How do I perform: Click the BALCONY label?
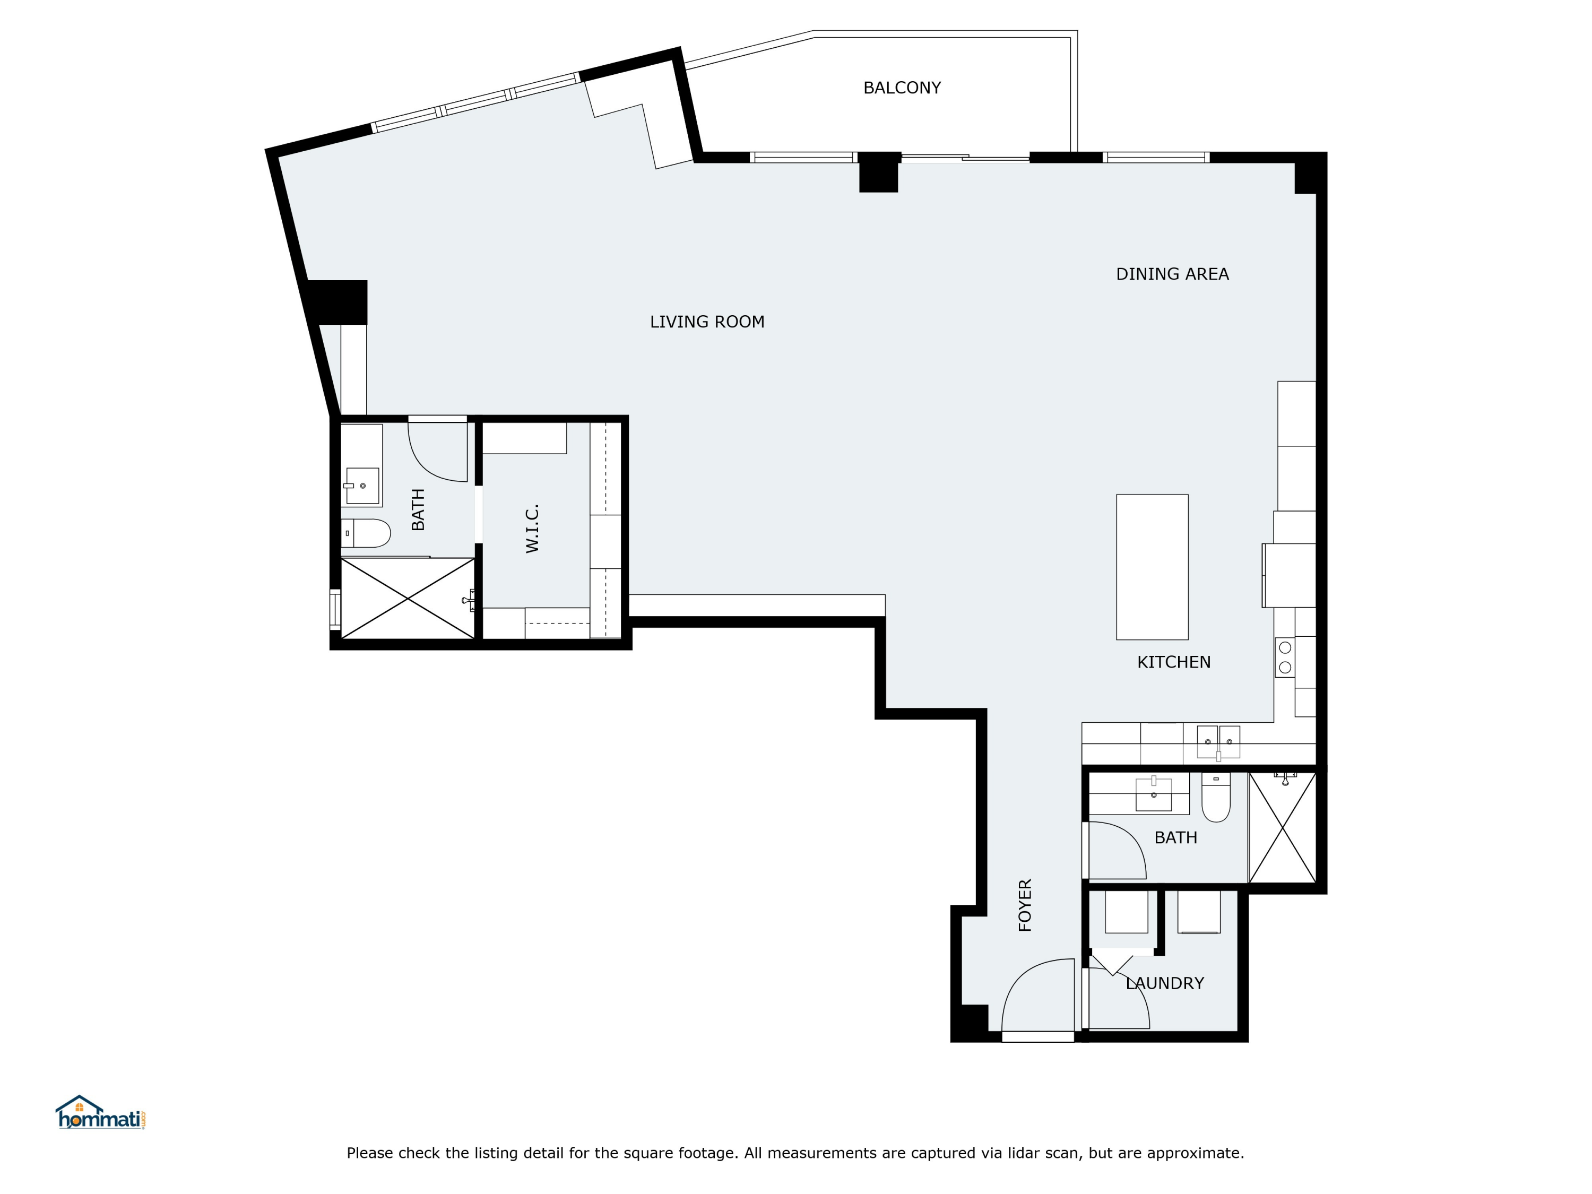902,88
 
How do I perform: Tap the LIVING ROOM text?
707,322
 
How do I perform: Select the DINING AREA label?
1172,274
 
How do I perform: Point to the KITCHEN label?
1174,662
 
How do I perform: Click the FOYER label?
1025,905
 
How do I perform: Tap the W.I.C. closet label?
532,528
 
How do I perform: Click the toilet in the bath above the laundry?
1216,798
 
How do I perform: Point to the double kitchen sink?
1218,742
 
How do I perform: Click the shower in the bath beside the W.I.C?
408,598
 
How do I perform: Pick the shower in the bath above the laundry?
1283,828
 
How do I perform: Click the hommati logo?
101,1113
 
